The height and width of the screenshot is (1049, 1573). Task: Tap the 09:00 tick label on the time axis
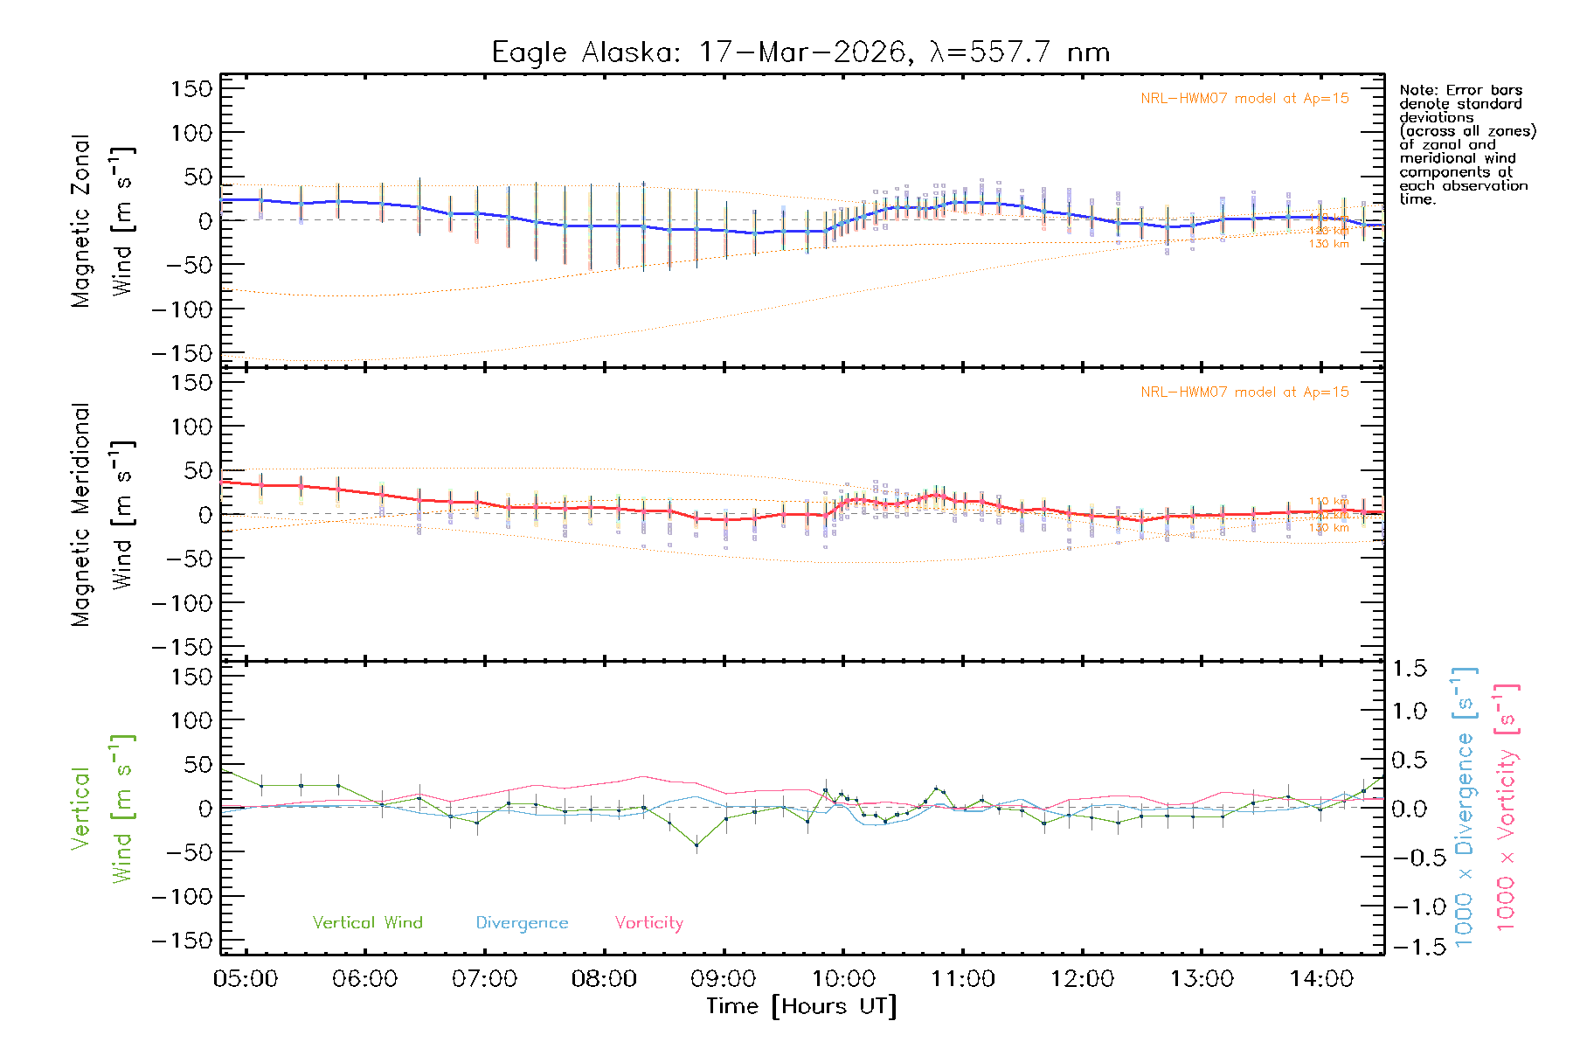click(724, 979)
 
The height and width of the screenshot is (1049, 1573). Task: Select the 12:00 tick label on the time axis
click(1082, 979)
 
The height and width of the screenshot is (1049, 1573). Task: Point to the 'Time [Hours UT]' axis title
click(801, 1007)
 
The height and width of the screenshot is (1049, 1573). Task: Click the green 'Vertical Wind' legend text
click(367, 922)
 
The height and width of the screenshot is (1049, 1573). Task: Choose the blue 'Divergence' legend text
click(522, 923)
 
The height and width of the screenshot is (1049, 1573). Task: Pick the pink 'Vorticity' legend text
click(648, 922)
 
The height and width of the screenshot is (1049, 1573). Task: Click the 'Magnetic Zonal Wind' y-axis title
click(102, 220)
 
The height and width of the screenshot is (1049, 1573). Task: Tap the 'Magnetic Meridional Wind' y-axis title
click(102, 514)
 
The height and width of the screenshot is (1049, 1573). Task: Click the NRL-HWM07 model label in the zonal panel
click(1244, 99)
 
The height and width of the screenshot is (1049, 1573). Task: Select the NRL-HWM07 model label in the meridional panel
click(1244, 393)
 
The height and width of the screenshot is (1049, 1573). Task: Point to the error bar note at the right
click(1466, 144)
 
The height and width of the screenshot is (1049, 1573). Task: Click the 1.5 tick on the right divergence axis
click(1409, 669)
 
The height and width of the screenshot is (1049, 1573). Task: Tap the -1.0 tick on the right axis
click(1409, 907)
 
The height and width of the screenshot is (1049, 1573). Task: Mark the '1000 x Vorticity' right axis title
click(1507, 807)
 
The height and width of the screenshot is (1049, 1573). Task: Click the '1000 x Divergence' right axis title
click(1465, 807)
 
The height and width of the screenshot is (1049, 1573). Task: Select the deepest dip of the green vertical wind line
click(696, 845)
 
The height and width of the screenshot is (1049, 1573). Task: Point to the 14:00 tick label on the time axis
click(1320, 979)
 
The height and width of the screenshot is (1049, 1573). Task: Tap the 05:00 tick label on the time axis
click(246, 979)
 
